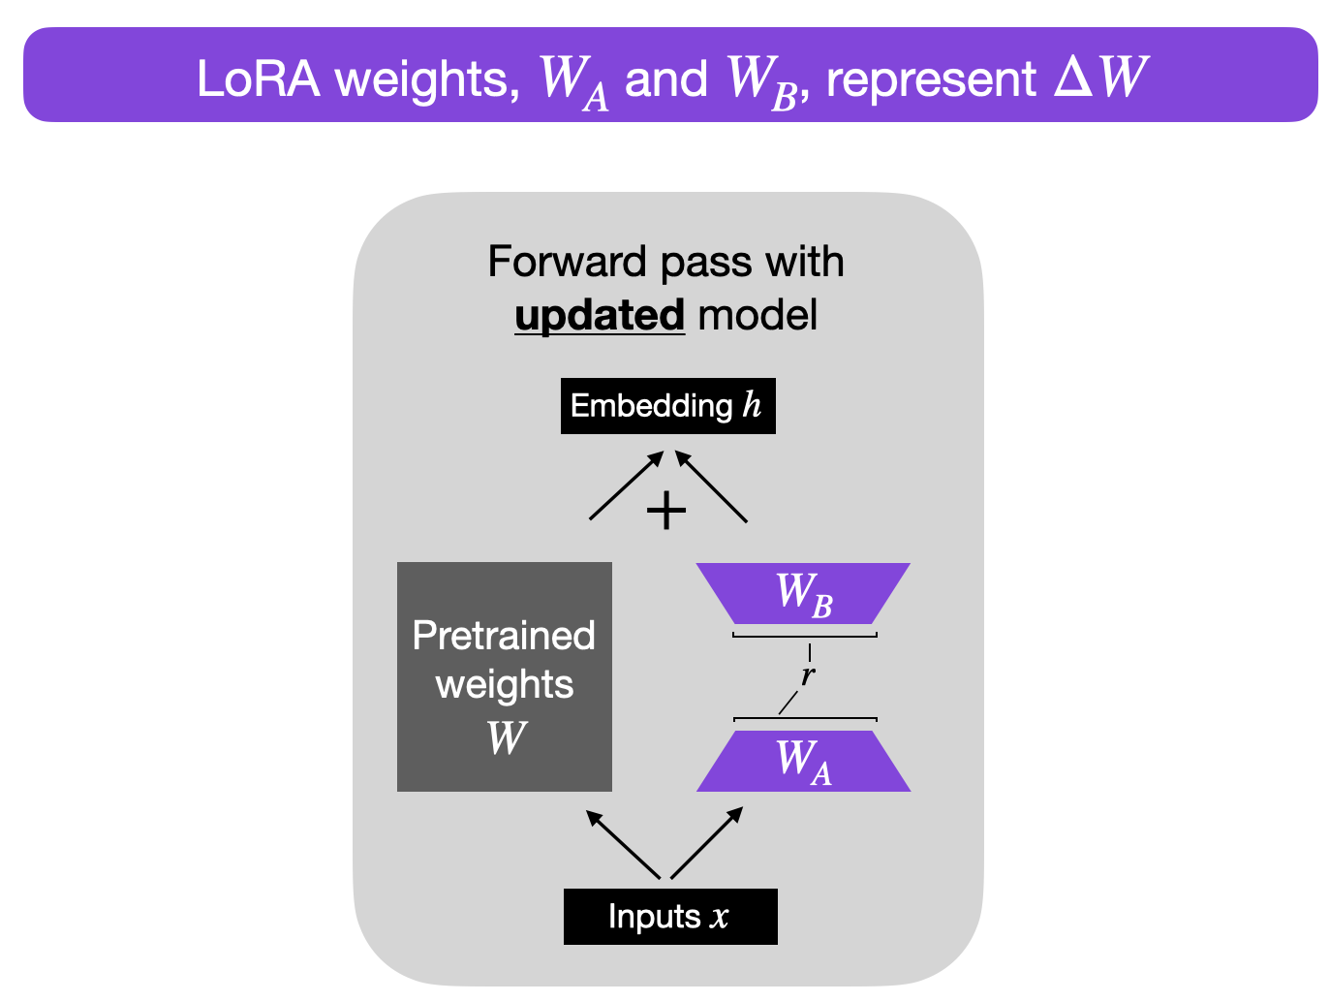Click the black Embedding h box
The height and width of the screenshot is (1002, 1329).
pyautogui.click(x=667, y=405)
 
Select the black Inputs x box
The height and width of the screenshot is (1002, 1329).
pyautogui.click(x=669, y=916)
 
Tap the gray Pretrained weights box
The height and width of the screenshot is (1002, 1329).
pyautogui.click(x=504, y=676)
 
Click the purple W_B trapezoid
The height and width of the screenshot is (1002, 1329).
pyautogui.click(x=803, y=593)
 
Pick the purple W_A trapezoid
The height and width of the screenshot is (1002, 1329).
pyautogui.click(x=803, y=761)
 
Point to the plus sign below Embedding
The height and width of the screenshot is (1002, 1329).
pyautogui.click(x=666, y=511)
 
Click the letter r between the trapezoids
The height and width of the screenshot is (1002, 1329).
pyautogui.click(x=808, y=674)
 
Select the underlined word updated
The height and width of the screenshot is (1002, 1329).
pyautogui.click(x=600, y=316)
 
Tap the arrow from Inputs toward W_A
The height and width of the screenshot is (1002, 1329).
pyautogui.click(x=707, y=843)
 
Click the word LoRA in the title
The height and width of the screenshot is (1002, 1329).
pyautogui.click(x=258, y=78)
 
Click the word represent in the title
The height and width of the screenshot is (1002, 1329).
pyautogui.click(x=931, y=78)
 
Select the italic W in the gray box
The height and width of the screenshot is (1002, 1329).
pyautogui.click(x=507, y=737)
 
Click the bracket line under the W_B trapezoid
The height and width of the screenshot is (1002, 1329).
pyautogui.click(x=804, y=636)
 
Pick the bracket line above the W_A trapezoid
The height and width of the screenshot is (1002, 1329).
pyautogui.click(x=804, y=719)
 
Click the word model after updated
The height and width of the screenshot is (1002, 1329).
pyautogui.click(x=757, y=316)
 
